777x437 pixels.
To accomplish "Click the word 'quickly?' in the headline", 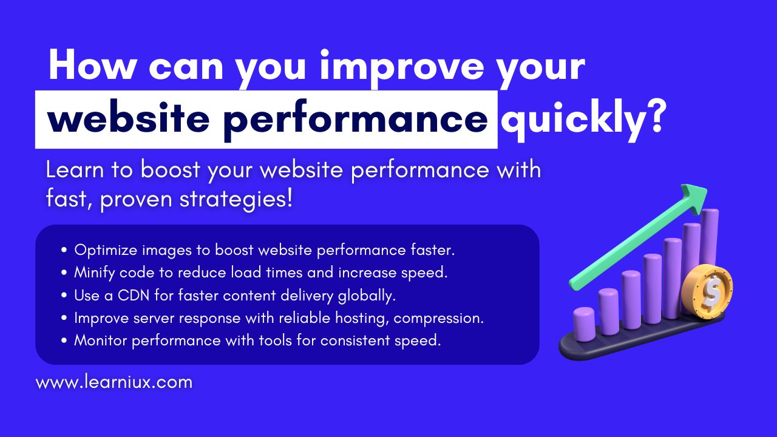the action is click(582, 120).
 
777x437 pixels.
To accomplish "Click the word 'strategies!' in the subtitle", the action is click(236, 200).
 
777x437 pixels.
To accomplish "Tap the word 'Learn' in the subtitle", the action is click(75, 170).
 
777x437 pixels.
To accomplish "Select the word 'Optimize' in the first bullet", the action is click(106, 250).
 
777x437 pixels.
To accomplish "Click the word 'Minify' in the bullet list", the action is click(94, 273).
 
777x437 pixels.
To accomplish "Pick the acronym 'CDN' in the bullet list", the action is click(134, 296).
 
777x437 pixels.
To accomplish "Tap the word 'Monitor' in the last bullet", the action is click(101, 340).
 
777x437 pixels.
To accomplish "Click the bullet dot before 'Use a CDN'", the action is click(64, 296).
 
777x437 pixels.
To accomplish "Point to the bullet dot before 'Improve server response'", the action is click(64, 318).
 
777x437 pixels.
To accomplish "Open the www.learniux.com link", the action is click(114, 382).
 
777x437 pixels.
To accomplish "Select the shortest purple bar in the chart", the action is click(584, 324).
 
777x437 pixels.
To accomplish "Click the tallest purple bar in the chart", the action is click(710, 239).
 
